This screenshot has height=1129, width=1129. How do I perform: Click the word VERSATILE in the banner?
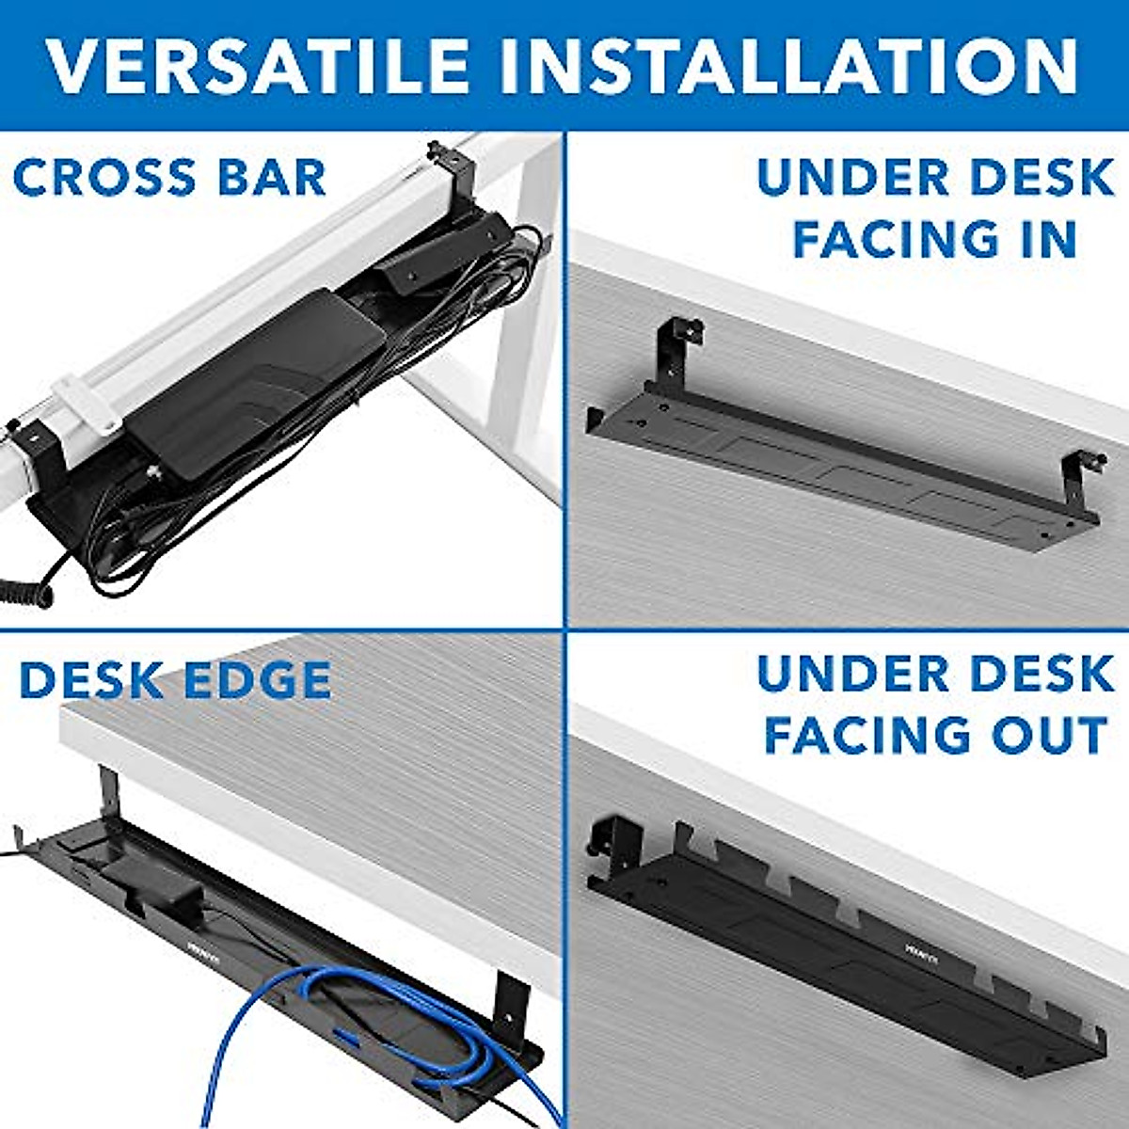coord(257,66)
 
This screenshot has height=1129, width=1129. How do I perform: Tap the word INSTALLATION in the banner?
coord(788,66)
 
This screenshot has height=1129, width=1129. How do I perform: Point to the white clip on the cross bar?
coord(75,401)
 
